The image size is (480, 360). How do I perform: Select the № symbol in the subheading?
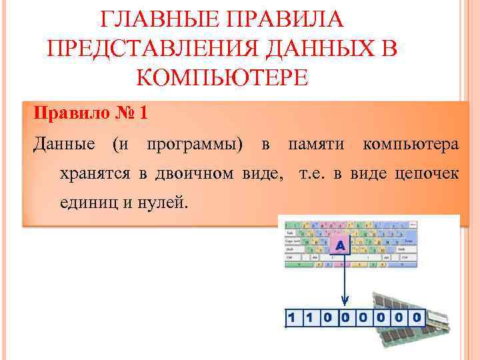(125, 113)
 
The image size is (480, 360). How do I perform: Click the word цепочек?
(427, 175)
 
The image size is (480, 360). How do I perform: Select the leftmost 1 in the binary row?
(292, 317)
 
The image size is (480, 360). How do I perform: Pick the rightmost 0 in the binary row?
(417, 317)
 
